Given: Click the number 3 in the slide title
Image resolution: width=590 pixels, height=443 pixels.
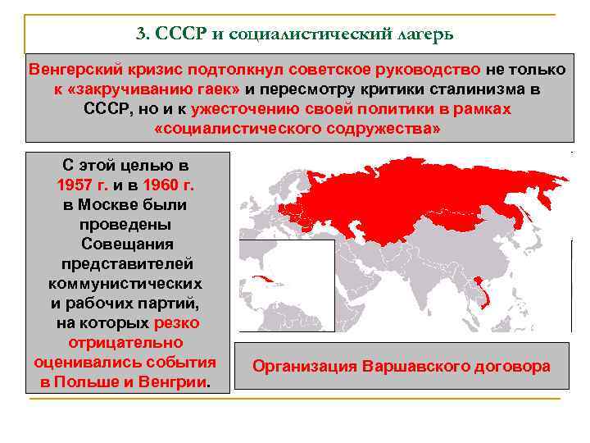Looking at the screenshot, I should click(x=140, y=33).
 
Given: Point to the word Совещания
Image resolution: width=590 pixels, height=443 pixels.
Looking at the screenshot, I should click(x=127, y=244).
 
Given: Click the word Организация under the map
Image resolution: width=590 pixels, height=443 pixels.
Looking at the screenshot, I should click(x=306, y=367).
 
